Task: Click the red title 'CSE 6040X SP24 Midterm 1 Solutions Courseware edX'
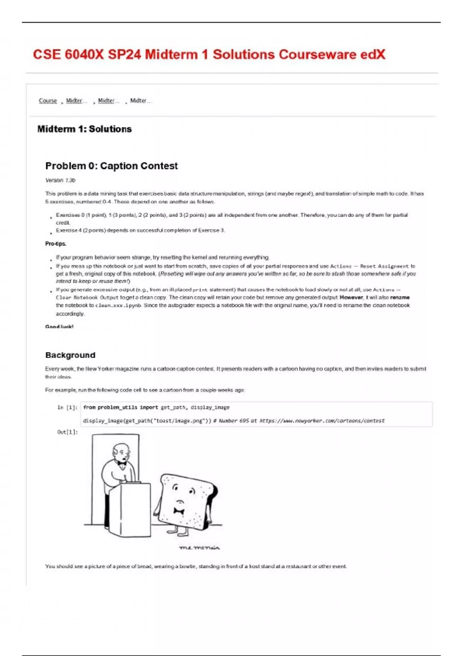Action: click(209, 54)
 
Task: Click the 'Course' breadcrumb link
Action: click(48, 101)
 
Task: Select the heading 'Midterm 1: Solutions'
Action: click(84, 129)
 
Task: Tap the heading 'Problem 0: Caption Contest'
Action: click(112, 166)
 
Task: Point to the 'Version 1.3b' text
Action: click(60, 180)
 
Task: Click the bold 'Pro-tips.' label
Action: click(56, 244)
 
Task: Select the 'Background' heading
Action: click(70, 355)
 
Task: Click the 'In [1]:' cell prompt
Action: click(67, 407)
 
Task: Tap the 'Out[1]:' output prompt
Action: click(67, 432)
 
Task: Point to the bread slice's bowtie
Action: click(179, 511)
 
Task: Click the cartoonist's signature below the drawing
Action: click(199, 548)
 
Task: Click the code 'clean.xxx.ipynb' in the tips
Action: click(118, 306)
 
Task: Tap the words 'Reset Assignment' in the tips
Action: click(384, 266)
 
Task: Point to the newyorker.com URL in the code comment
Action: click(322, 421)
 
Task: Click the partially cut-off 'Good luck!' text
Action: click(59, 326)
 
